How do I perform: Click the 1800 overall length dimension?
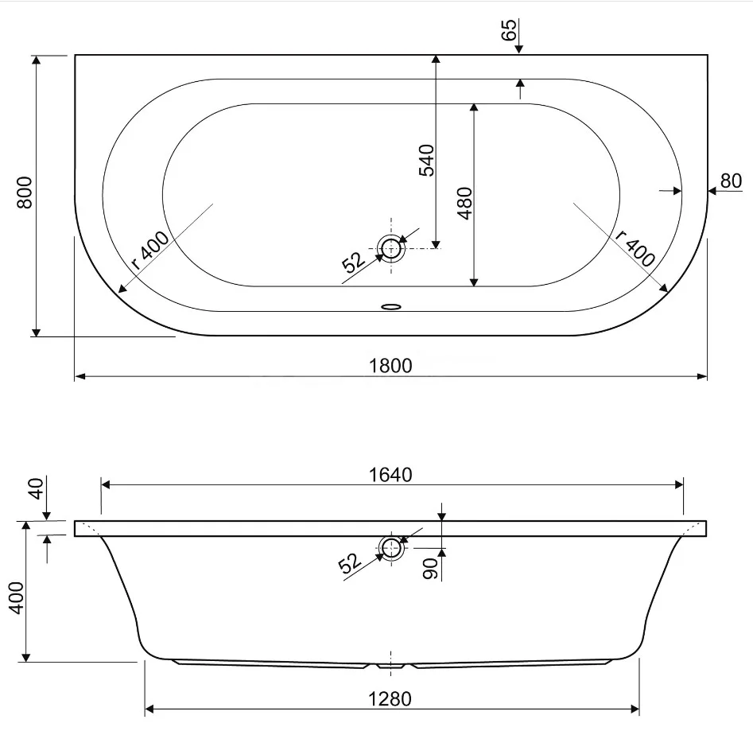pos(390,366)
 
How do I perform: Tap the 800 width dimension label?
pos(24,192)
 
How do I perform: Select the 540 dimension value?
pos(426,160)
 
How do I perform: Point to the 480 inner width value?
pos(465,203)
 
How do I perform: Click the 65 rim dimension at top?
pos(509,29)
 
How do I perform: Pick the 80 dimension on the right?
pos(731,181)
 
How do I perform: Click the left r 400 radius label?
pos(150,251)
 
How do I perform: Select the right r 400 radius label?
pos(635,248)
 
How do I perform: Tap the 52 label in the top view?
pos(354,262)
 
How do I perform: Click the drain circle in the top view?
pos(391,248)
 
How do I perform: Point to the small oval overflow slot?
pos(391,306)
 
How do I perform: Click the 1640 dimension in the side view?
pos(390,475)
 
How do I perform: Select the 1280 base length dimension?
pos(390,699)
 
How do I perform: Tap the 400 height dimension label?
pos(17,597)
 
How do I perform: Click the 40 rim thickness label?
pos(37,488)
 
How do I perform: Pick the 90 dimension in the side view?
pos(430,568)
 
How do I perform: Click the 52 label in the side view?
pos(350,563)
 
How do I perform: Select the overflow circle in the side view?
pos(391,547)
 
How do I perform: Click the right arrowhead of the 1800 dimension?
pos(702,376)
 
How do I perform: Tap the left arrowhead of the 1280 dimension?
pos(149,709)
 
